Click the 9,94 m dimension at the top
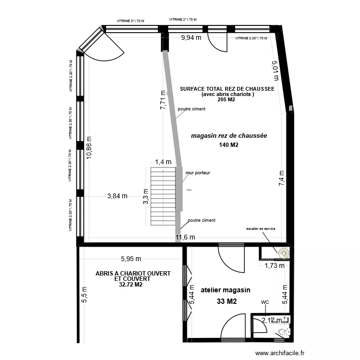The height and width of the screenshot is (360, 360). pos(191,38)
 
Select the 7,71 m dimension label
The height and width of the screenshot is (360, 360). pos(163,101)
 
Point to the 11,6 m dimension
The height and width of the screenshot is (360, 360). pos(185,237)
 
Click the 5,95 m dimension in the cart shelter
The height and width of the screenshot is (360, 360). pos(131,259)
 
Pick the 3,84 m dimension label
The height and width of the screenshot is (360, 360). pos(117,196)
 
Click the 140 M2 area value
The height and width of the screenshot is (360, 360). pos(228,145)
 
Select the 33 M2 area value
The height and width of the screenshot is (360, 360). pos(227,301)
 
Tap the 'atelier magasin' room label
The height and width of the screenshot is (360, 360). pos(226,290)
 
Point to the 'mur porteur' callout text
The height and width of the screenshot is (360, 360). pos(198,172)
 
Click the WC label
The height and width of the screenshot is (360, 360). pos(264,302)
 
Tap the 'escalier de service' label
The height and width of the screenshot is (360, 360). pos(261,229)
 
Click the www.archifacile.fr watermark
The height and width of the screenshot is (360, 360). pos(280,353)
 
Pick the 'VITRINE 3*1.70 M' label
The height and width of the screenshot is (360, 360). pos(131,21)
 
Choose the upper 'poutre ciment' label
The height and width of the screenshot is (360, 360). pos(192,109)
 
